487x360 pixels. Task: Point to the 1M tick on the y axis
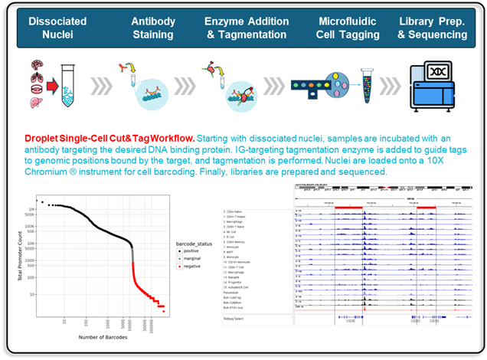click(x=31, y=209)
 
